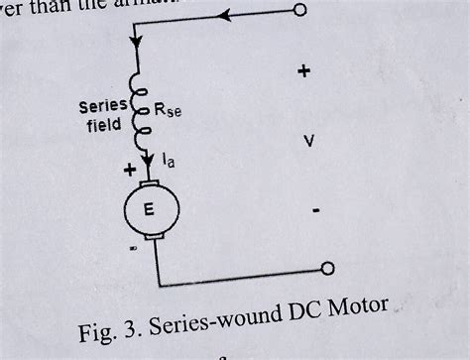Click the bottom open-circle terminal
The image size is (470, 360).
328,269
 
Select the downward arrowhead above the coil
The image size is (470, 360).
135,47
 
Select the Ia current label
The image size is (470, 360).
172,157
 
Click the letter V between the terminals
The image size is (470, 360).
309,142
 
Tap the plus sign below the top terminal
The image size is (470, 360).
303,71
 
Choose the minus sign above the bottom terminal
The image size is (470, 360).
315,211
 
